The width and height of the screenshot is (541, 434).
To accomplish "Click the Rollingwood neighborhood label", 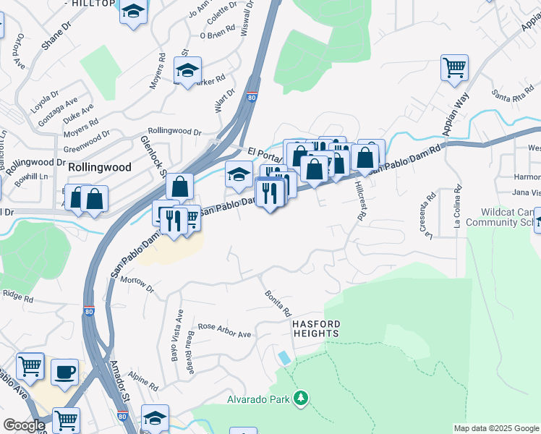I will click(x=100, y=167).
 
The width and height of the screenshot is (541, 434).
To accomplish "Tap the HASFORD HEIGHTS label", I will click(x=316, y=328).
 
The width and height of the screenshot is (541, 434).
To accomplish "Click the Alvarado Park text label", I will click(x=257, y=399).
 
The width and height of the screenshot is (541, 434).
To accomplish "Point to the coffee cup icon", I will click(x=64, y=371).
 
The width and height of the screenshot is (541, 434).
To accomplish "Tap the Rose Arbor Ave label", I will click(x=224, y=329).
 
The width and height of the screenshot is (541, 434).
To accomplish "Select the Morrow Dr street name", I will click(x=137, y=284).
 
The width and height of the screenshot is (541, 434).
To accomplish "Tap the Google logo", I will click(x=24, y=425).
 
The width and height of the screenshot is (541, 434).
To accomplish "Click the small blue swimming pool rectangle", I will click(x=286, y=357).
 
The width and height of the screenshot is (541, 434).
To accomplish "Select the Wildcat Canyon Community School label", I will click(x=508, y=218).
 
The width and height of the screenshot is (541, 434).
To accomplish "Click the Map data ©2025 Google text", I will click(x=495, y=428).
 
